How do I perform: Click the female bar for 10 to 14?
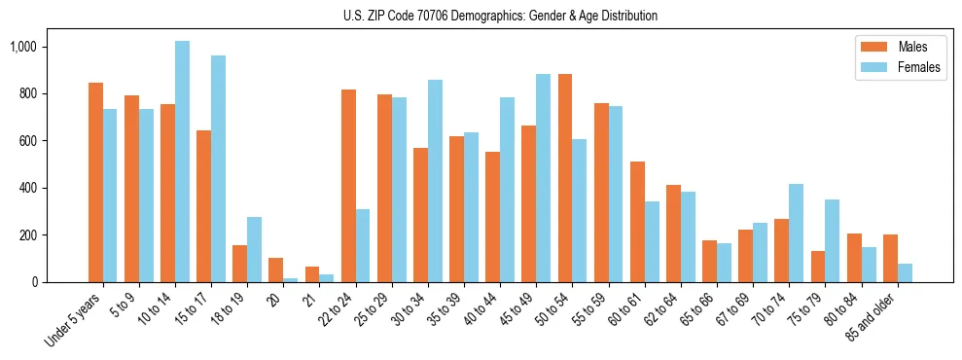click(182, 162)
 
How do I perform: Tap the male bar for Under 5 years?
click(95, 182)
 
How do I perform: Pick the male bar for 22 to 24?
click(348, 186)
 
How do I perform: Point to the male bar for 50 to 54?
click(565, 178)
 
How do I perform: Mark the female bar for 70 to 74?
click(797, 233)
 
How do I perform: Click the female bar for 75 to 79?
click(833, 240)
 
